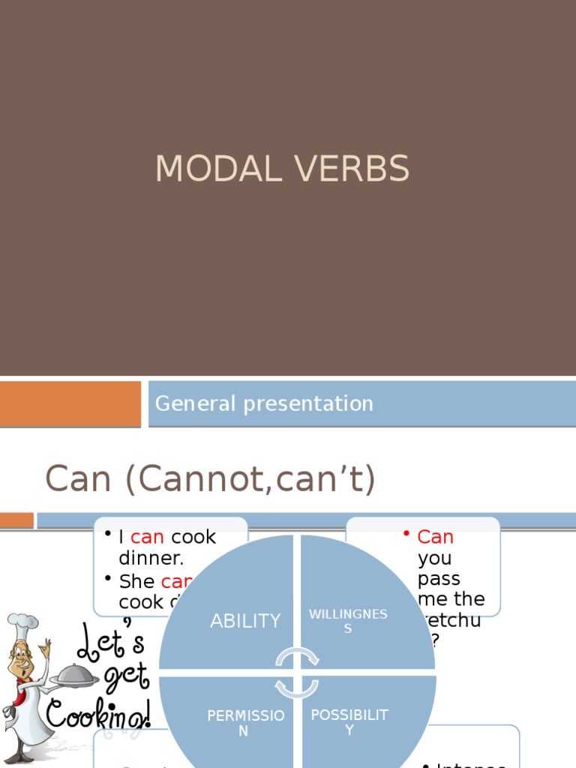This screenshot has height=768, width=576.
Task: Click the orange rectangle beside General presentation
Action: [x=70, y=403]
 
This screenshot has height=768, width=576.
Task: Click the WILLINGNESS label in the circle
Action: [x=348, y=621]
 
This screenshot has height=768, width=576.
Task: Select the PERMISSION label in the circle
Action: [x=245, y=723]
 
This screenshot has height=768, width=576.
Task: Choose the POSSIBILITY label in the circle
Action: [x=349, y=721]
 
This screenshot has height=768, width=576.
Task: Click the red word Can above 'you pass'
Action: [x=436, y=537]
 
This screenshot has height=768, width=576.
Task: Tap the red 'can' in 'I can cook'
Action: [x=147, y=537]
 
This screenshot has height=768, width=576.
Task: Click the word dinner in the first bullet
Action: [x=151, y=559]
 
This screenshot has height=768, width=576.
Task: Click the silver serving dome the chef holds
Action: [x=74, y=675]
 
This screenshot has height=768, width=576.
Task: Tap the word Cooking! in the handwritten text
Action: [x=97, y=713]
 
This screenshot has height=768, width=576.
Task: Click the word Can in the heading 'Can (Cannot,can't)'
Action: [x=79, y=478]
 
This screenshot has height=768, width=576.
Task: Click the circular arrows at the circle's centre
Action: [x=297, y=671]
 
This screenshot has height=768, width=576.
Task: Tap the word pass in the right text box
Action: [x=439, y=579]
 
